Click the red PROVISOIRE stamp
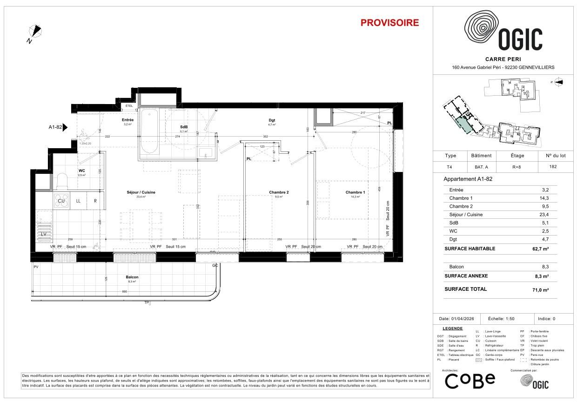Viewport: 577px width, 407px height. click(x=389, y=23)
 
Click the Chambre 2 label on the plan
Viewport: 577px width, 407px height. click(x=279, y=192)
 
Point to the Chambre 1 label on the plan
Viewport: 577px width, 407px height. click(x=355, y=192)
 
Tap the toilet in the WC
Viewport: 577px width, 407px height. click(x=62, y=182)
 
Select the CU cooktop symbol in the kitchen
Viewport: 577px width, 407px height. click(x=61, y=201)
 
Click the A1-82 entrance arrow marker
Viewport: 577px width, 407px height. click(x=65, y=126)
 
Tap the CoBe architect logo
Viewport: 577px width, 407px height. click(x=470, y=381)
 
